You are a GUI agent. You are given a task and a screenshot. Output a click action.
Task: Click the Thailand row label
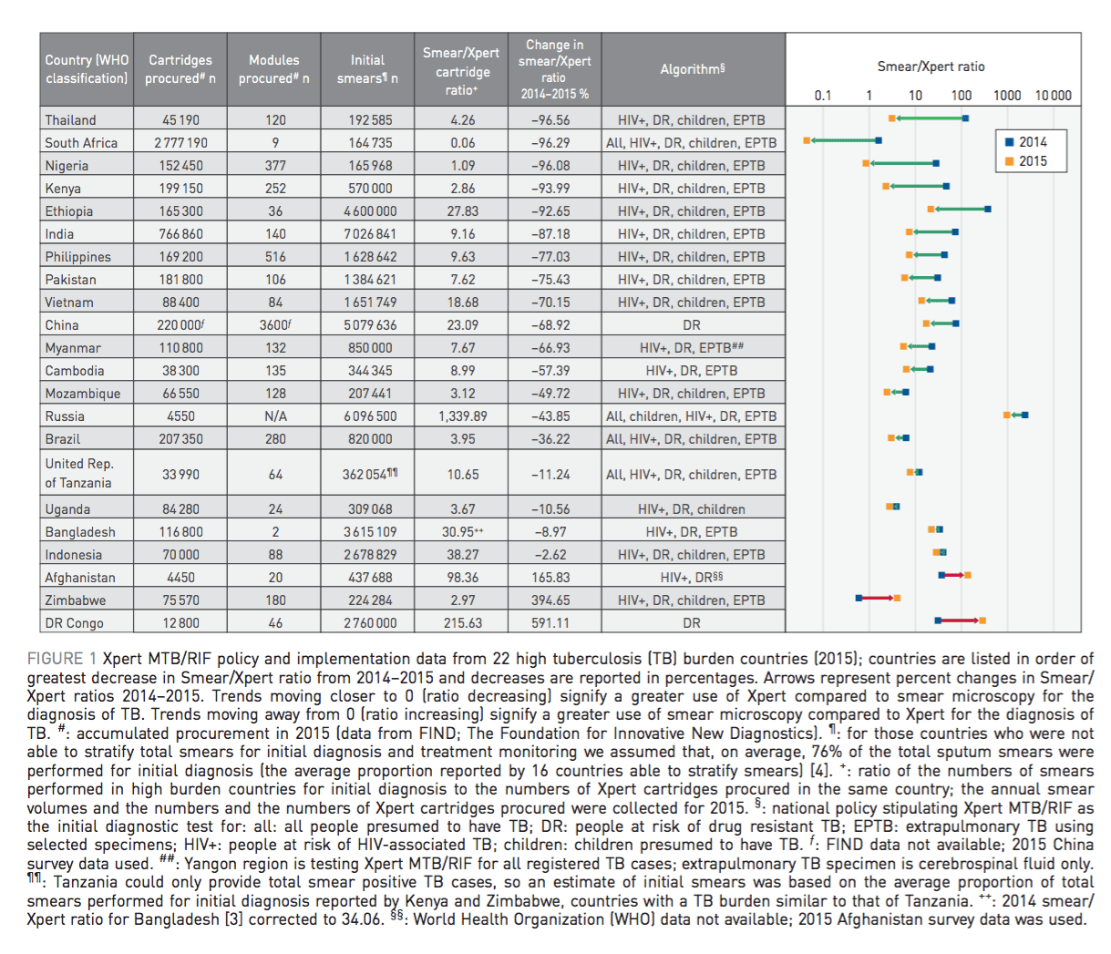coord(71,120)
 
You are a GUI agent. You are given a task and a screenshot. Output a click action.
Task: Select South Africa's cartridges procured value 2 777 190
coord(180,143)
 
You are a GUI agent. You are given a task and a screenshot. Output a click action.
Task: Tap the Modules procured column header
coord(274,69)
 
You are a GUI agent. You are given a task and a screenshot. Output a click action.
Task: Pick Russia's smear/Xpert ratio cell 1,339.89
coord(462,416)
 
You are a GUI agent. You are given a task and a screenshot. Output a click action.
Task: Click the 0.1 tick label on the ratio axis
coord(823,96)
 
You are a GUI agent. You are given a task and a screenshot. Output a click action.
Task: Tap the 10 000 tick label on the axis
coord(1053,96)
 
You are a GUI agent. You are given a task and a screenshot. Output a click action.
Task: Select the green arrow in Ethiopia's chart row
coord(959,210)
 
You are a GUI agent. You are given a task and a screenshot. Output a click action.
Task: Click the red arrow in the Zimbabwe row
coord(878,598)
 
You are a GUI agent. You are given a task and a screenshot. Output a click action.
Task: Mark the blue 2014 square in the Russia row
coord(1025,415)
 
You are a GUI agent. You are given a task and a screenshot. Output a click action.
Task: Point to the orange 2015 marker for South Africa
coord(807,140)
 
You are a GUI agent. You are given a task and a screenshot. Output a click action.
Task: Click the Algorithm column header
coord(693,69)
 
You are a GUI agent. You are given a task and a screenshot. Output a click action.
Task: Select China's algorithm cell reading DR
coord(692,325)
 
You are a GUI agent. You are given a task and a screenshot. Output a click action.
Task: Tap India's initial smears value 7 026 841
coord(368,234)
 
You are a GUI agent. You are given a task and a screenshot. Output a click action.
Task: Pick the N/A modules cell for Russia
coord(275,416)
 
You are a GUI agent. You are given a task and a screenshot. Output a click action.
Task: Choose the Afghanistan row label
coord(80,578)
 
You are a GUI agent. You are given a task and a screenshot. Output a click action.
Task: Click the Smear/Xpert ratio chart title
coord(931,67)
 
